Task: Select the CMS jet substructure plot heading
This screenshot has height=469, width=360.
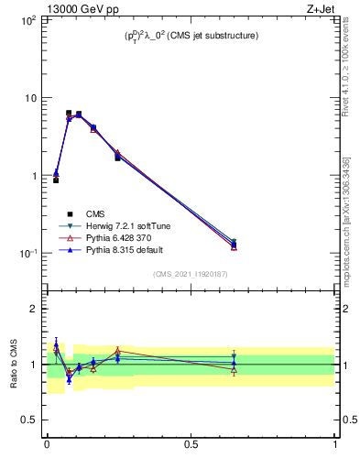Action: [191, 36]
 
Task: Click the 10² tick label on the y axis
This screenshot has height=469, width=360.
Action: [28, 19]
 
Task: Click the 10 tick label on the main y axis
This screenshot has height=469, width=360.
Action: [30, 97]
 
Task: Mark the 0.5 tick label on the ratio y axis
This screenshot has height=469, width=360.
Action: [28, 420]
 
